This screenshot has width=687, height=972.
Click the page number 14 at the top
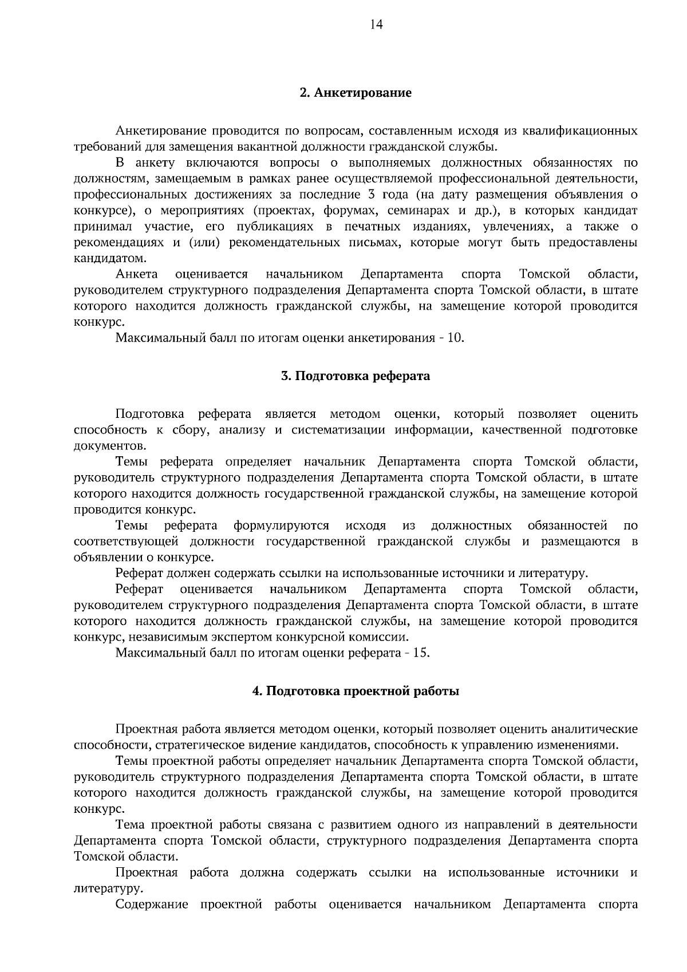point(376,24)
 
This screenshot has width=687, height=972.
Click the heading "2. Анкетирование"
point(356,93)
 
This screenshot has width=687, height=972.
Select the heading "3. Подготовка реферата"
point(356,376)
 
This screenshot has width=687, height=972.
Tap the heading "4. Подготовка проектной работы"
point(356,691)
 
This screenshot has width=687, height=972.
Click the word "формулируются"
point(281,525)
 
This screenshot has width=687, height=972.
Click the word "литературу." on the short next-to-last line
point(109,888)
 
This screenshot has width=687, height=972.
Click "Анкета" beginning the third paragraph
point(137,274)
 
